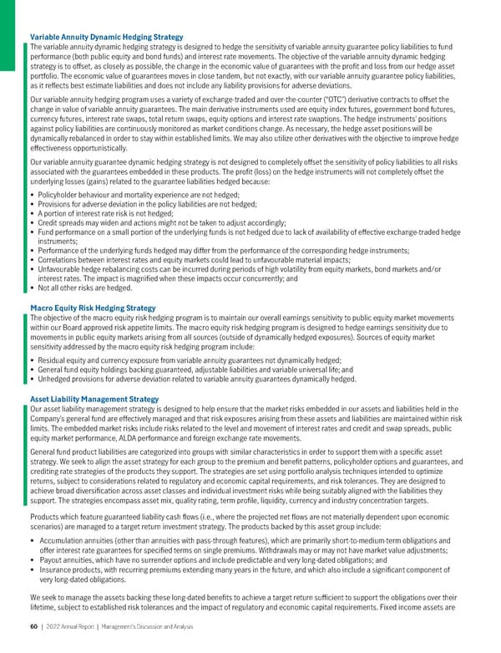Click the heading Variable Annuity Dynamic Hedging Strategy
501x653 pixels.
(106, 38)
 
